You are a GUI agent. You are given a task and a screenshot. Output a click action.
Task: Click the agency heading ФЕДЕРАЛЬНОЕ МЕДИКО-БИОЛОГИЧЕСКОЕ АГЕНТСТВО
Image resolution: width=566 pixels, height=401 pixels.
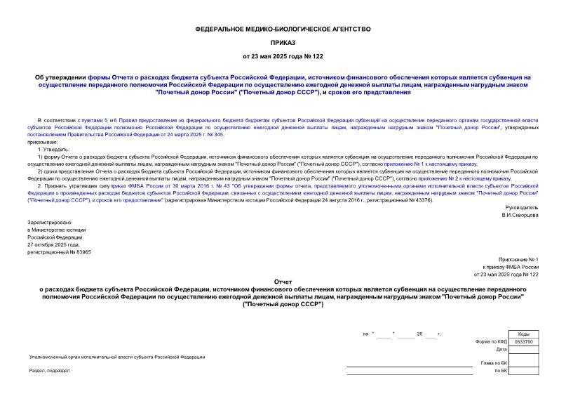coord(283,29)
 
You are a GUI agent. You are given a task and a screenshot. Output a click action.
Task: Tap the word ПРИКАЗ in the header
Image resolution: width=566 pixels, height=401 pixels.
coord(283,42)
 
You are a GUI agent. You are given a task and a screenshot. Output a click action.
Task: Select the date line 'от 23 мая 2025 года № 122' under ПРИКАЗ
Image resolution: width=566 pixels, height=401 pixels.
coord(283,55)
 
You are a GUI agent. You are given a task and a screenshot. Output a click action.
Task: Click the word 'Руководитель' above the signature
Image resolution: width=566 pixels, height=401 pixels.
coord(520,208)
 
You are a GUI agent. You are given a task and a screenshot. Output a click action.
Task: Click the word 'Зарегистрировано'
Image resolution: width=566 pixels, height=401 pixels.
coord(46,222)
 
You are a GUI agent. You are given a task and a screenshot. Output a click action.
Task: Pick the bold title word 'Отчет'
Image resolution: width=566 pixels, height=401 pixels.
coord(283,281)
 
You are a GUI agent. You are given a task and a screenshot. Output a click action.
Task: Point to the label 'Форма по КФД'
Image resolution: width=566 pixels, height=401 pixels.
coord(490,341)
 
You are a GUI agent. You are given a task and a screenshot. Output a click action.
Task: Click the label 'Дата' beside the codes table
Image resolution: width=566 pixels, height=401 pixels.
coord(501,349)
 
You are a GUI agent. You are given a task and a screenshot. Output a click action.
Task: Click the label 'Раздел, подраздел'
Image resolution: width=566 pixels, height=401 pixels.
coord(46,370)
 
